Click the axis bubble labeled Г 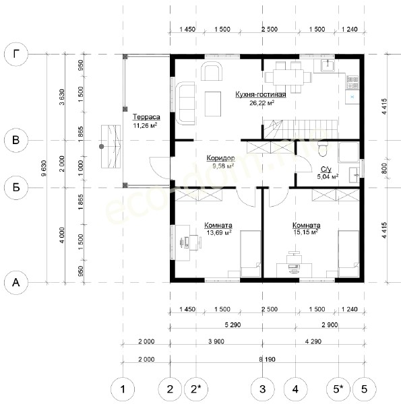[x=16, y=55]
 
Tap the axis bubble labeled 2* [x=196, y=389]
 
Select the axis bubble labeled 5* [x=338, y=389]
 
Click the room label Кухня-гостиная [x=261, y=94]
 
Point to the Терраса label [x=146, y=117]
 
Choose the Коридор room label [x=221, y=158]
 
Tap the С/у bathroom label [x=326, y=169]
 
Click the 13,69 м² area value [x=219, y=233]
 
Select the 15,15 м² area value [x=305, y=232]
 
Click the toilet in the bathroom [x=323, y=149]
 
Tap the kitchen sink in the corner [x=328, y=65]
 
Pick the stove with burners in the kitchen [x=352, y=82]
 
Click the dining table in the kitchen [x=288, y=77]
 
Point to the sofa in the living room [x=185, y=104]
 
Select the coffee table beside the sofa [x=213, y=104]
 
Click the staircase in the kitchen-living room [x=301, y=129]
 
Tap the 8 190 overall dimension [x=268, y=359]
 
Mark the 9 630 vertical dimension [x=44, y=168]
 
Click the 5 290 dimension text [x=233, y=325]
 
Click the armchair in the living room [x=212, y=71]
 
